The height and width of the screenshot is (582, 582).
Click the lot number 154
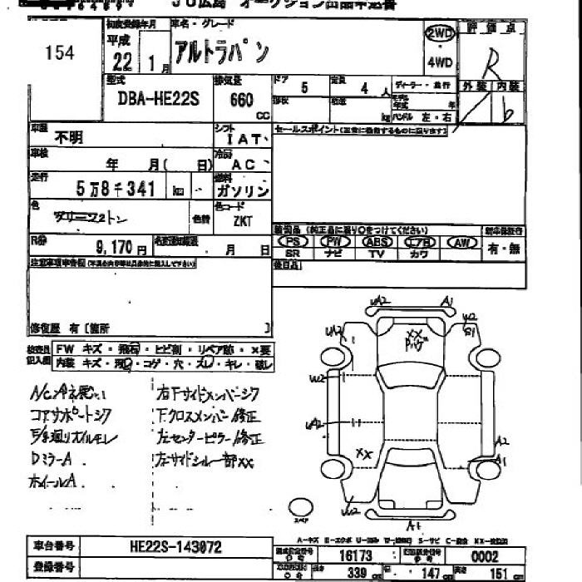[60, 53]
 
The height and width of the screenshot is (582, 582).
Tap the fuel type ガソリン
[242, 190]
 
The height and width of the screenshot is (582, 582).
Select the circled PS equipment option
[293, 241]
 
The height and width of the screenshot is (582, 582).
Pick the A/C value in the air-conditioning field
[243, 165]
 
